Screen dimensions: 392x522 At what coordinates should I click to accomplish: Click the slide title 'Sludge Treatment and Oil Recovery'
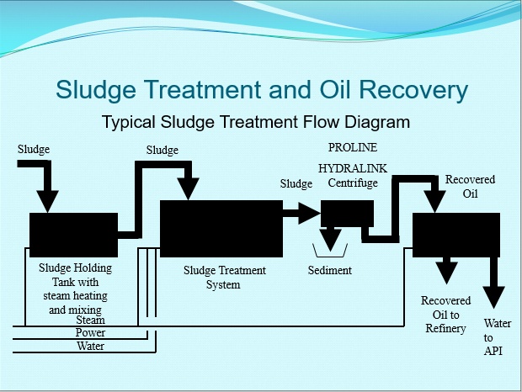click(x=261, y=90)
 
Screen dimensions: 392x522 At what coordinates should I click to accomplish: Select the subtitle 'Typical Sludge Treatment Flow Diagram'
click(x=256, y=122)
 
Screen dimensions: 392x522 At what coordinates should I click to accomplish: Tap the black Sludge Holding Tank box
click(x=73, y=235)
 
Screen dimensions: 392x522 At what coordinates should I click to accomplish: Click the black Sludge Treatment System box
click(x=221, y=227)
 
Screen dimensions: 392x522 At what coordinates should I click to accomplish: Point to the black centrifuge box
click(x=347, y=214)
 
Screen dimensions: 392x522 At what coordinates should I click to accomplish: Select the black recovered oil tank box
click(x=455, y=234)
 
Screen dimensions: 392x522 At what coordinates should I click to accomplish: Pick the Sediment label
click(x=329, y=271)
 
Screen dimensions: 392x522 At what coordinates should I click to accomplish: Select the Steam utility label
click(x=90, y=320)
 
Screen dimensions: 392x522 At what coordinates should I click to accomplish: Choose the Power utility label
click(x=90, y=333)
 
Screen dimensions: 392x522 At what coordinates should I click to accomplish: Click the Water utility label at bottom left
click(x=90, y=346)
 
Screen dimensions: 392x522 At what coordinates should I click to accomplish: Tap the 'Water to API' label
click(x=493, y=336)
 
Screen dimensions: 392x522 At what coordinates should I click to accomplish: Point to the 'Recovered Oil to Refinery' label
click(x=445, y=315)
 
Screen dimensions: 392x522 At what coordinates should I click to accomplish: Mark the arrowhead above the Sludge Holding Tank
click(x=48, y=201)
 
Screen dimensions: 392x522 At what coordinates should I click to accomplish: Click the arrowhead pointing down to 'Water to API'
click(x=493, y=297)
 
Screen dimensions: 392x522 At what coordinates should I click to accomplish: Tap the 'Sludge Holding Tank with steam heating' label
click(x=75, y=283)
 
